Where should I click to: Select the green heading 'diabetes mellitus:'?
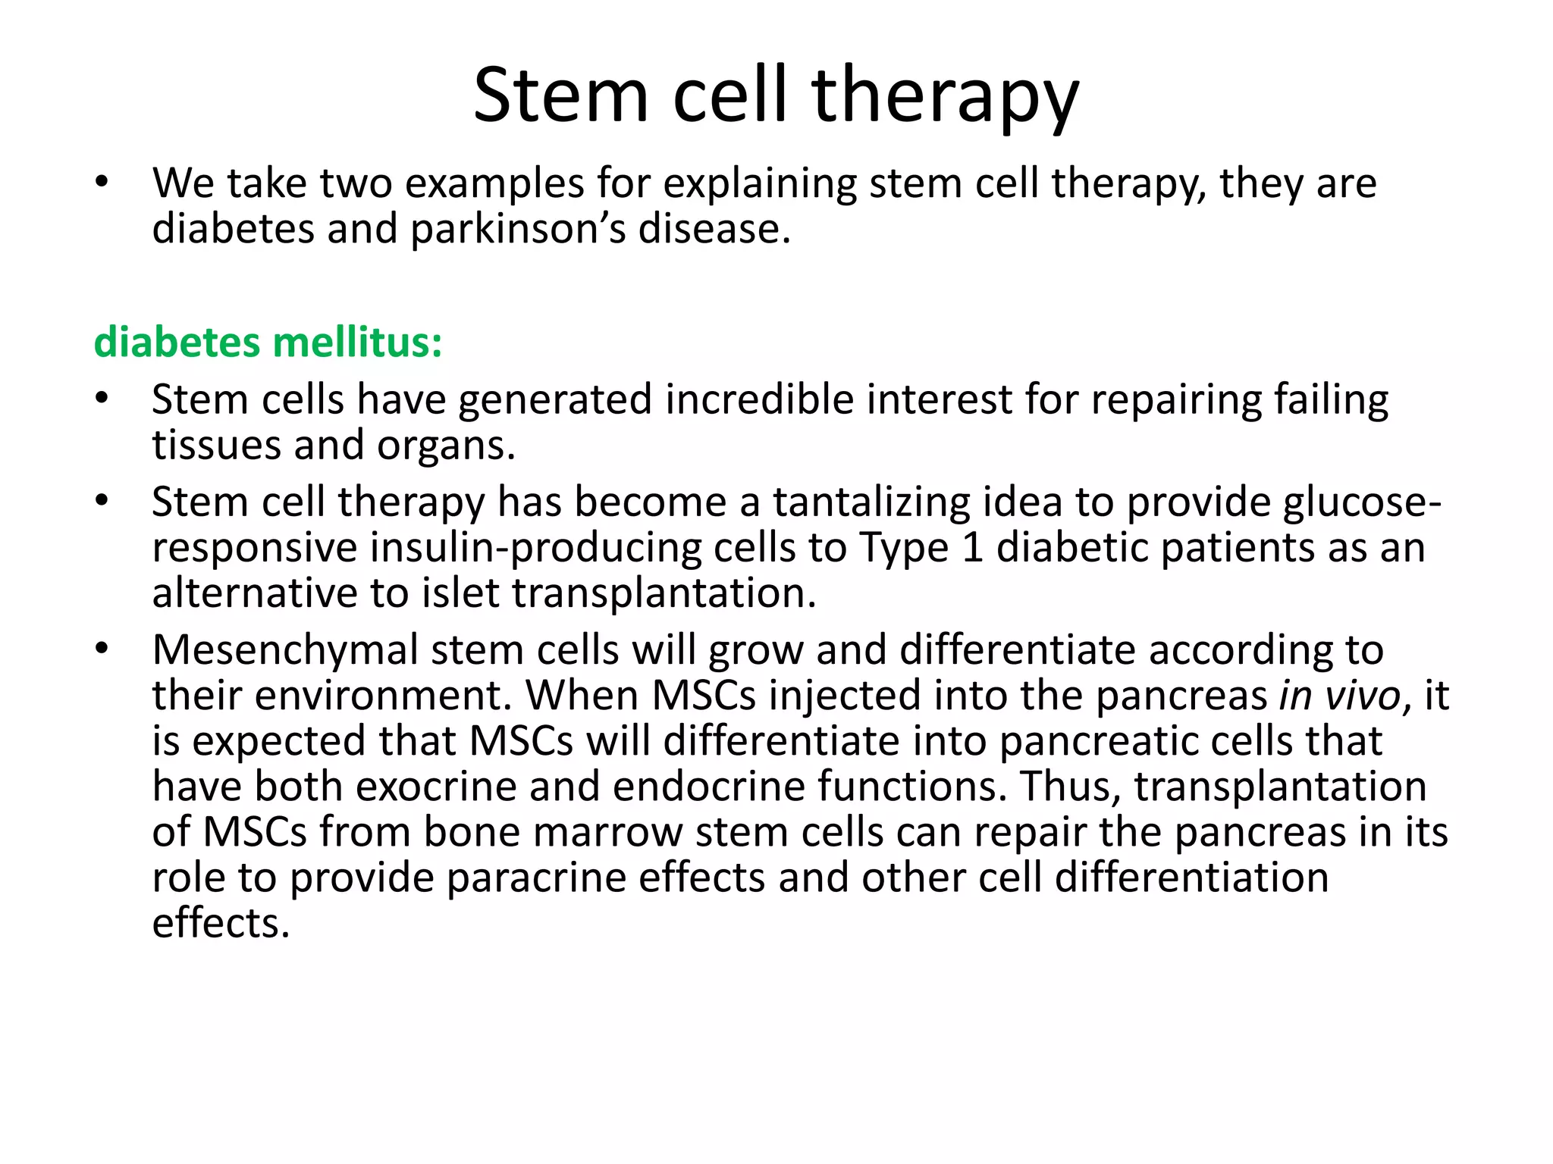(x=268, y=343)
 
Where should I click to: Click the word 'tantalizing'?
(x=871, y=502)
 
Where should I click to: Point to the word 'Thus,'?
(x=1070, y=787)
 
